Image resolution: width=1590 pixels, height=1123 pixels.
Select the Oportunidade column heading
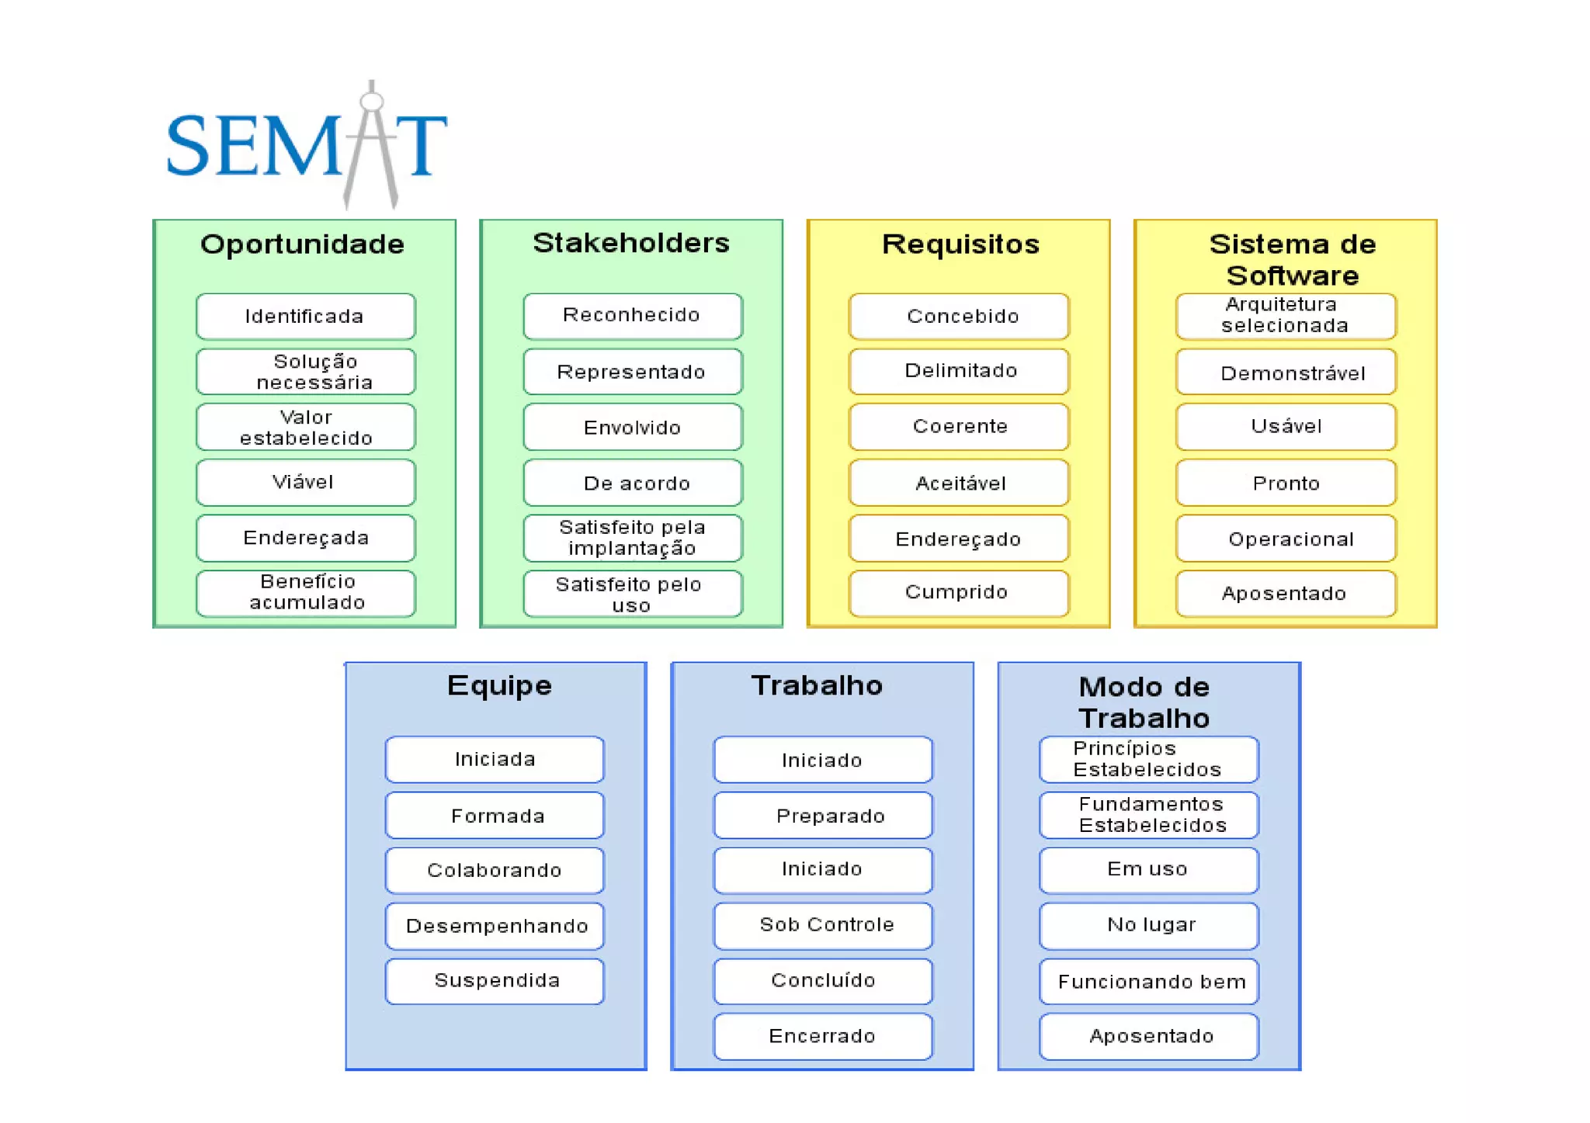303,244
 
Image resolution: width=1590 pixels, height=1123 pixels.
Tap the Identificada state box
305,317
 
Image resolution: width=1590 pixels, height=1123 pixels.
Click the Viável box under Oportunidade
305,483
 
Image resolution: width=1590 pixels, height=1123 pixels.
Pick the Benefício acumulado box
305,593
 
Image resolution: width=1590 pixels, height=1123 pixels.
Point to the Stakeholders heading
630,243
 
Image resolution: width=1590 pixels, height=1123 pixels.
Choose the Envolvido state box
632,427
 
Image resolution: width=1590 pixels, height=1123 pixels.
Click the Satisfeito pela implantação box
632,538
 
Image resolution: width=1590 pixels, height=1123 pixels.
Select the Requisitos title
960,244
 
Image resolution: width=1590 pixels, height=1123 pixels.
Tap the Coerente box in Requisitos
959,426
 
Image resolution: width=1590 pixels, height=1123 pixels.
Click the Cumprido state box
959,593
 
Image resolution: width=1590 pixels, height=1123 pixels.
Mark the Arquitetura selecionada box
1285,316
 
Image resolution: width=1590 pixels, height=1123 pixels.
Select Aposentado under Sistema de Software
1285,594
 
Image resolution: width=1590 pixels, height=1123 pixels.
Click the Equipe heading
499,686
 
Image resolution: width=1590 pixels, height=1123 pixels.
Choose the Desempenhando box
495,926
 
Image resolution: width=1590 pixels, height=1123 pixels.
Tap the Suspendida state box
495,981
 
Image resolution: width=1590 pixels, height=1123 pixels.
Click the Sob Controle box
823,925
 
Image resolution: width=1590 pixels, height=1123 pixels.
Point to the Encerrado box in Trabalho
823,1036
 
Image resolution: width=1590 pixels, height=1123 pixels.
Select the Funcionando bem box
1149,982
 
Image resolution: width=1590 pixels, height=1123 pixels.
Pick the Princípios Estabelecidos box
1149,759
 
